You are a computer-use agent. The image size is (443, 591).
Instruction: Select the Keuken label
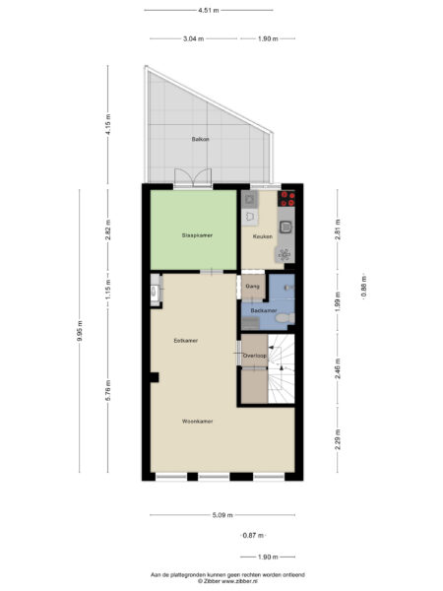(262, 236)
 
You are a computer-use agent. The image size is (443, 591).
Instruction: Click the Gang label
(252, 288)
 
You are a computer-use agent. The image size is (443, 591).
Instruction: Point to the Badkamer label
(262, 310)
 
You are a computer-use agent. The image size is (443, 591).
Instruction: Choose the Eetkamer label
(185, 340)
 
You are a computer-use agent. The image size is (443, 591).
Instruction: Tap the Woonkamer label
(197, 421)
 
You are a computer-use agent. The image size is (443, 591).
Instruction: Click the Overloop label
(255, 356)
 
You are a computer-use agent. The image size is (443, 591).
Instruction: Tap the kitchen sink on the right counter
(285, 227)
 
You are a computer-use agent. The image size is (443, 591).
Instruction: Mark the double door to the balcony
(191, 178)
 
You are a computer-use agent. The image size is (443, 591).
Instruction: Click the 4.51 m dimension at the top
(208, 10)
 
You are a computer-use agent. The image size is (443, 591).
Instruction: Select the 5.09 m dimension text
(221, 514)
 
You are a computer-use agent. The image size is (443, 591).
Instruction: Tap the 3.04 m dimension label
(193, 38)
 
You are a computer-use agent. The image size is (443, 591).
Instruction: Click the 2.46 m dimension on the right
(338, 369)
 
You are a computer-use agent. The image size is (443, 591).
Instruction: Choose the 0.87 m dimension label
(253, 535)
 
